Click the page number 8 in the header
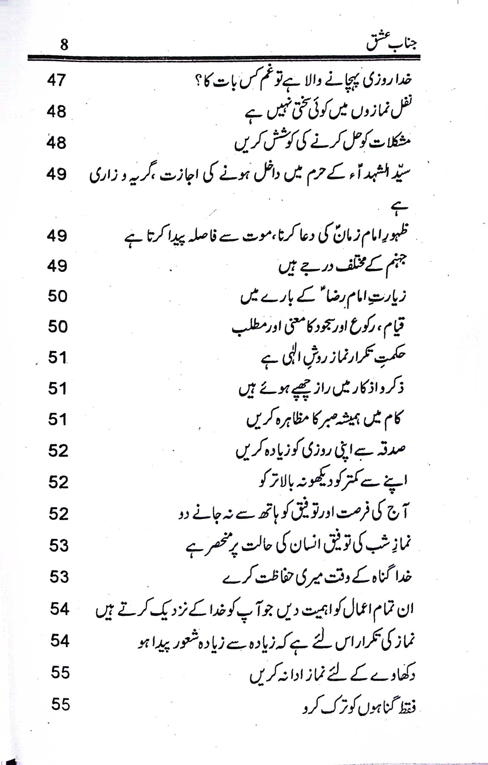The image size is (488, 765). coord(64,45)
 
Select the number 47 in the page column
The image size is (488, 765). coord(57,81)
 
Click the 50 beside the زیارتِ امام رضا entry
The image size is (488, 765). coord(58,297)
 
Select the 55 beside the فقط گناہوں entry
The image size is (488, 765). coord(60,705)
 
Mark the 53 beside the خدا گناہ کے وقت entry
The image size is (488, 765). coord(59,577)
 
